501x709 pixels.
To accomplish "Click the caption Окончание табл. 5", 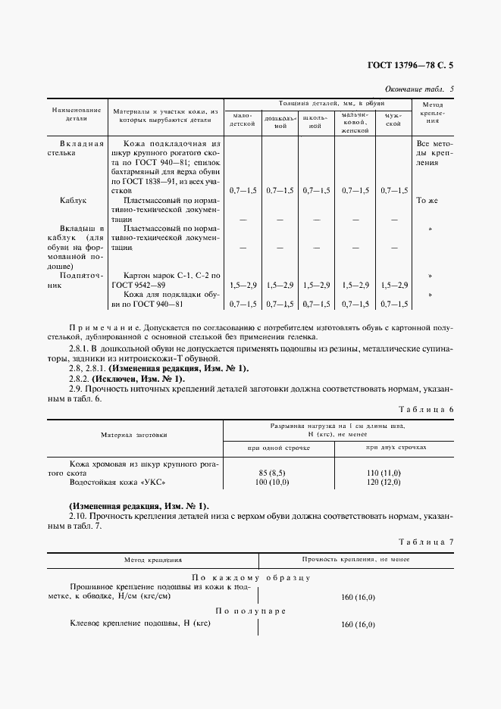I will coord(419,89).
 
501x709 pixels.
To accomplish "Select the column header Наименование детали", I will coord(77,114).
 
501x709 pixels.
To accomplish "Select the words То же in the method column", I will coord(427,201).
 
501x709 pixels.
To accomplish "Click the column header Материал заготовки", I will coord(134,436).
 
